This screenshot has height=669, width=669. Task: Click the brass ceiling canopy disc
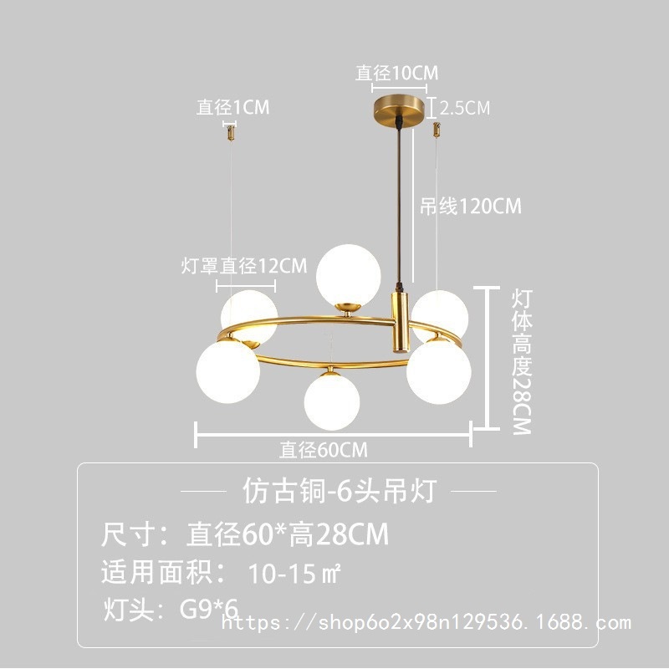(x=399, y=109)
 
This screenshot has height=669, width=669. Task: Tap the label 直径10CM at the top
(x=396, y=74)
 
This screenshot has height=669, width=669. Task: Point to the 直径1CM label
(x=233, y=107)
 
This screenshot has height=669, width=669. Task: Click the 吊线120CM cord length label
(x=470, y=207)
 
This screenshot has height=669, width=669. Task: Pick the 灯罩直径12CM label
(x=244, y=266)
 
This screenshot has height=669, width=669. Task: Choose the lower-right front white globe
(x=438, y=371)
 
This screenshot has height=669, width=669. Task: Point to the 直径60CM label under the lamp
(x=324, y=450)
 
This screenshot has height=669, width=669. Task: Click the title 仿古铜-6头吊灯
(x=339, y=491)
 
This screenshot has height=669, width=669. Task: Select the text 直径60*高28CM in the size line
(x=287, y=534)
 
